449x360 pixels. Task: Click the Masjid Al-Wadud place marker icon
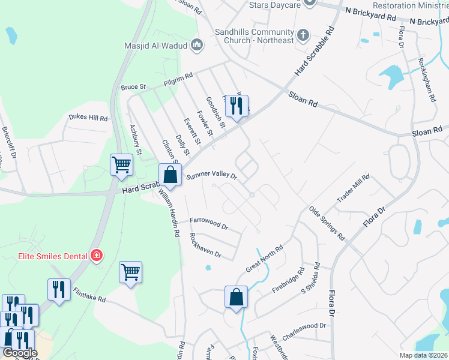197,45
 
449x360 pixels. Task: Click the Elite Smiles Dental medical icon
95,256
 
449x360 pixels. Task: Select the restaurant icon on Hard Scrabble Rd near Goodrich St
236,107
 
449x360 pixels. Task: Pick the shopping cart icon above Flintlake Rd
130,272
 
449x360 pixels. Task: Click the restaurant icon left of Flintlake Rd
59,290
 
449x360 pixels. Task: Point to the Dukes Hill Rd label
88,118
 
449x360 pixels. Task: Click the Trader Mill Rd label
354,190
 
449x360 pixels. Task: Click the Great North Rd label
265,259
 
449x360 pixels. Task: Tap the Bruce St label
133,87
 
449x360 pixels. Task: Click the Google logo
19,353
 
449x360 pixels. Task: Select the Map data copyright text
423,355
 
